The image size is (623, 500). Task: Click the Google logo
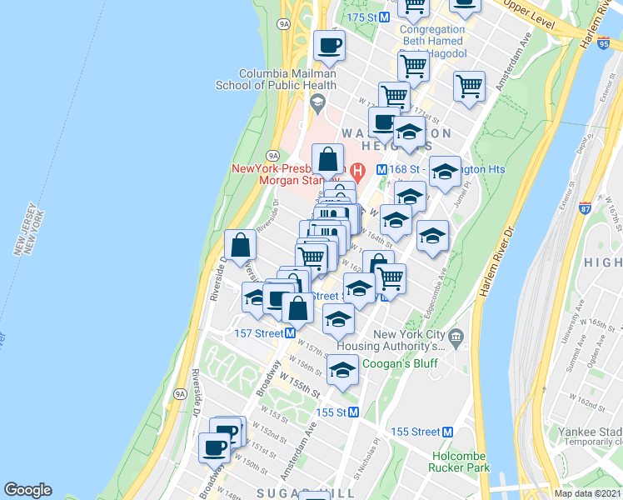[27, 490]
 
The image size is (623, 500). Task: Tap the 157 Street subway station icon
[291, 333]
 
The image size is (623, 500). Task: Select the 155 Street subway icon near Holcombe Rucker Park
[447, 432]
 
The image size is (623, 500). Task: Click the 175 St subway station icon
[385, 17]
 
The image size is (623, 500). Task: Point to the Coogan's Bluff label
[397, 364]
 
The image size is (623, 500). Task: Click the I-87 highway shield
[586, 202]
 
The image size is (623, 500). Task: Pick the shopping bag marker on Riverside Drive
[240, 247]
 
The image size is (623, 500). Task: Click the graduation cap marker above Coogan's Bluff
[341, 371]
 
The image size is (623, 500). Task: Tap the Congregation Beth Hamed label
[433, 33]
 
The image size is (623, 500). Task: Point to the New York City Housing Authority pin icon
[455, 340]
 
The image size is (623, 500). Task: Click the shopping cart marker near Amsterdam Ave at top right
[470, 86]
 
